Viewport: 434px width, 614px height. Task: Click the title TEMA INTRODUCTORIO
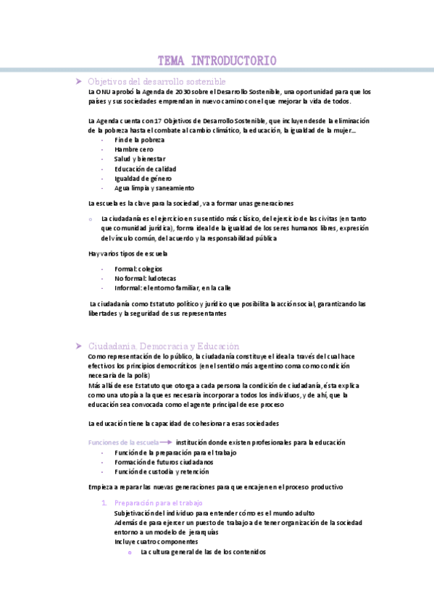point(217,61)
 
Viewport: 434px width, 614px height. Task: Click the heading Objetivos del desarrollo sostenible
point(157,82)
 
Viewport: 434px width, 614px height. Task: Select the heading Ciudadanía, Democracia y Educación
point(163,346)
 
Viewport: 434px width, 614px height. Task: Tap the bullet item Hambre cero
point(134,149)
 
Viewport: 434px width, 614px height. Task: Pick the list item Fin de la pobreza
point(139,139)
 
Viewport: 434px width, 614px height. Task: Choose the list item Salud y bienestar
point(140,159)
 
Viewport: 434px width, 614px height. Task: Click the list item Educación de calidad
point(145,169)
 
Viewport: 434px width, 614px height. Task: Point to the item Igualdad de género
point(143,178)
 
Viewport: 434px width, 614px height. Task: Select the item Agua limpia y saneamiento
point(154,188)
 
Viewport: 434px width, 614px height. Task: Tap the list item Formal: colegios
point(138,269)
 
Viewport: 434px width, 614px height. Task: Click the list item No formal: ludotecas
point(145,278)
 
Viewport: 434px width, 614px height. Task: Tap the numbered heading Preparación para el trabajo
point(159,502)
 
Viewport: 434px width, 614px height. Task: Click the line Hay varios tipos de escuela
point(128,253)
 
